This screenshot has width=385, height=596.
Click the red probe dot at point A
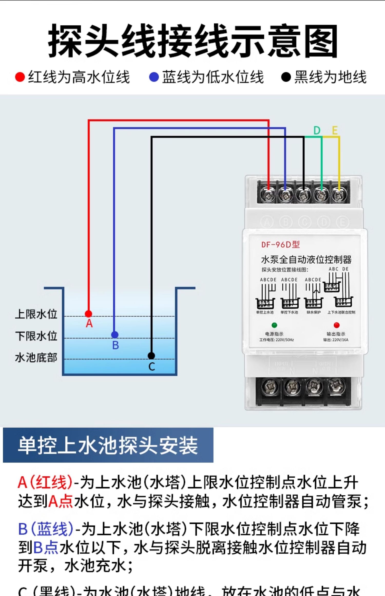click(x=89, y=314)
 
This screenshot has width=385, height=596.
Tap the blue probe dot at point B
click(x=115, y=335)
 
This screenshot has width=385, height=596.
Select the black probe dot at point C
click(x=151, y=356)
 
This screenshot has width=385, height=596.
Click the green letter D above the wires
click(x=317, y=131)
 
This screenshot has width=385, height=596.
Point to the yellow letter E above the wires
click(x=335, y=131)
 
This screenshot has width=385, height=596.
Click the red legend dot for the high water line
click(x=20, y=77)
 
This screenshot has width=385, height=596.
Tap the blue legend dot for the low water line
click(x=154, y=77)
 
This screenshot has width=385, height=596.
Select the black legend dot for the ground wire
click(x=286, y=77)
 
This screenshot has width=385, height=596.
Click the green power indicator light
click(x=274, y=325)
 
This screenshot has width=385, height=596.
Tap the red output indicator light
click(x=336, y=325)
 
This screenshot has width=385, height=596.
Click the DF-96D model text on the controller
click(x=280, y=245)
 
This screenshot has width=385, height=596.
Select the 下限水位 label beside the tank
click(x=36, y=336)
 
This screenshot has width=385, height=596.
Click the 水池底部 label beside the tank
click(x=36, y=358)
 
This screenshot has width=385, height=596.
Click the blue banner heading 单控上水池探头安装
click(x=108, y=445)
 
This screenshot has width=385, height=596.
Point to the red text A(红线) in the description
click(x=45, y=482)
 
